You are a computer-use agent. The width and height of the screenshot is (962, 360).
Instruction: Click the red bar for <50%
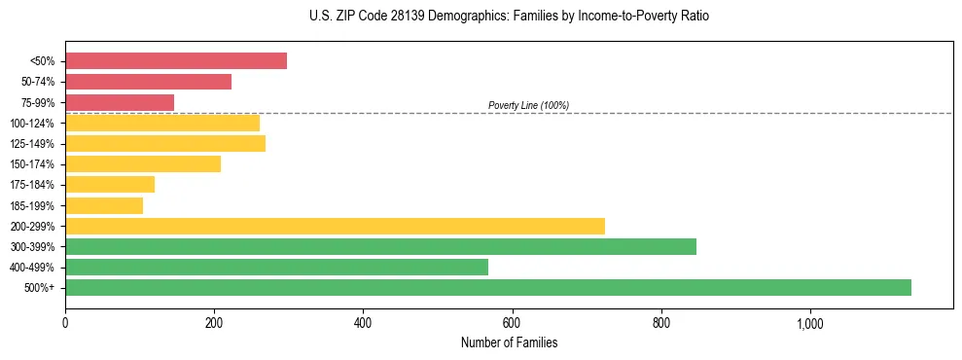tap(176, 61)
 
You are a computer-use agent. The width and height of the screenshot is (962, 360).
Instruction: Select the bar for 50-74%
tap(148, 82)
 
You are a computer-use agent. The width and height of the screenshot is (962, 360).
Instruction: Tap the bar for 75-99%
tap(120, 102)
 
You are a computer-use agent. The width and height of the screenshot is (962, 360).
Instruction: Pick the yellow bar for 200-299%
tap(335, 226)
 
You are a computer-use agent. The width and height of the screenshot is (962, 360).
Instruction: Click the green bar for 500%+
tap(488, 287)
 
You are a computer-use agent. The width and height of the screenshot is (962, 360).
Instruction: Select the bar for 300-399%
tap(380, 246)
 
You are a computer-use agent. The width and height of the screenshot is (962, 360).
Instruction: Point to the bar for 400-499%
tap(276, 267)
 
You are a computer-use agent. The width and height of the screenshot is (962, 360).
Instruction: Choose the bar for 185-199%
tap(104, 205)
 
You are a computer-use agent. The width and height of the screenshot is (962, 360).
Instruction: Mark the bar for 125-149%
tap(165, 144)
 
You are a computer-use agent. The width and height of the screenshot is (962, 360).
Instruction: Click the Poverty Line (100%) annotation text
tap(528, 105)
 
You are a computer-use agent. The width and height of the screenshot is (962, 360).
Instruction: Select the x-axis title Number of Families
tap(509, 342)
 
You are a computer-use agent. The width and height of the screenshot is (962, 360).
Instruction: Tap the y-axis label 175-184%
tap(32, 185)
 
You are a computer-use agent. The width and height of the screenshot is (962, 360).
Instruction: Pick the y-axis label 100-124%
tap(32, 124)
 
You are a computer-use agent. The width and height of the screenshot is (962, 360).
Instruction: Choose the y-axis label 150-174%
tap(32, 164)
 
